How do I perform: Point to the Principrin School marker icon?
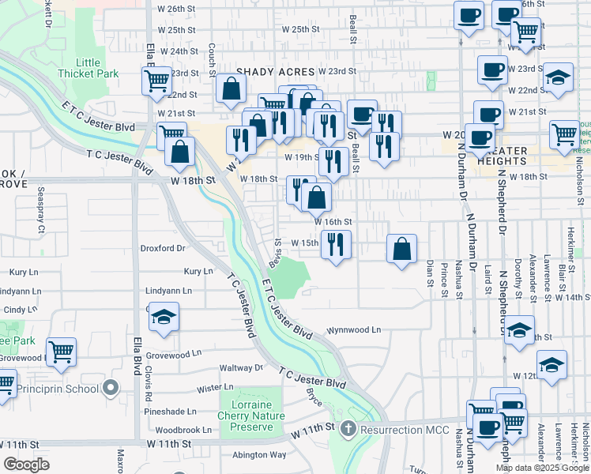pos(111,388)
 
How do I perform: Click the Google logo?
pos(27,465)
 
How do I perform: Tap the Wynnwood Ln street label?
pos(354,329)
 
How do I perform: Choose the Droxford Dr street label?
pos(162,248)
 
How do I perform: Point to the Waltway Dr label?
pos(241,367)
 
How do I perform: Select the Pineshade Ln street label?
pos(175,412)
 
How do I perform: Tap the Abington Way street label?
pos(260,454)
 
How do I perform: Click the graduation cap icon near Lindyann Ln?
pos(164,318)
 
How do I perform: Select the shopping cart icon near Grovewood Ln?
pos(61,352)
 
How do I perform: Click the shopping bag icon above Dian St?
pos(402,248)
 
